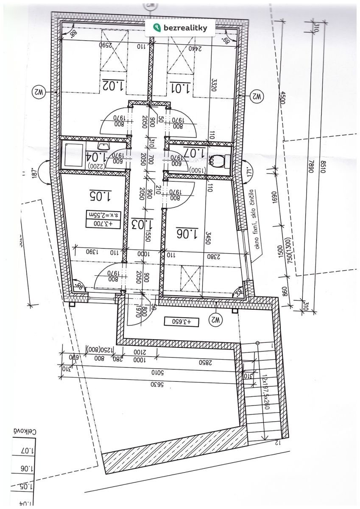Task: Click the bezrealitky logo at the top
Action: pos(180,28)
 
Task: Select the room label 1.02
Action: pos(112,85)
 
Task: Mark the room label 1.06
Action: pos(187,233)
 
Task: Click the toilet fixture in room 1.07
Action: pos(221,161)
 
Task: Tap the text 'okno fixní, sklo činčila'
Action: pos(255,224)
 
